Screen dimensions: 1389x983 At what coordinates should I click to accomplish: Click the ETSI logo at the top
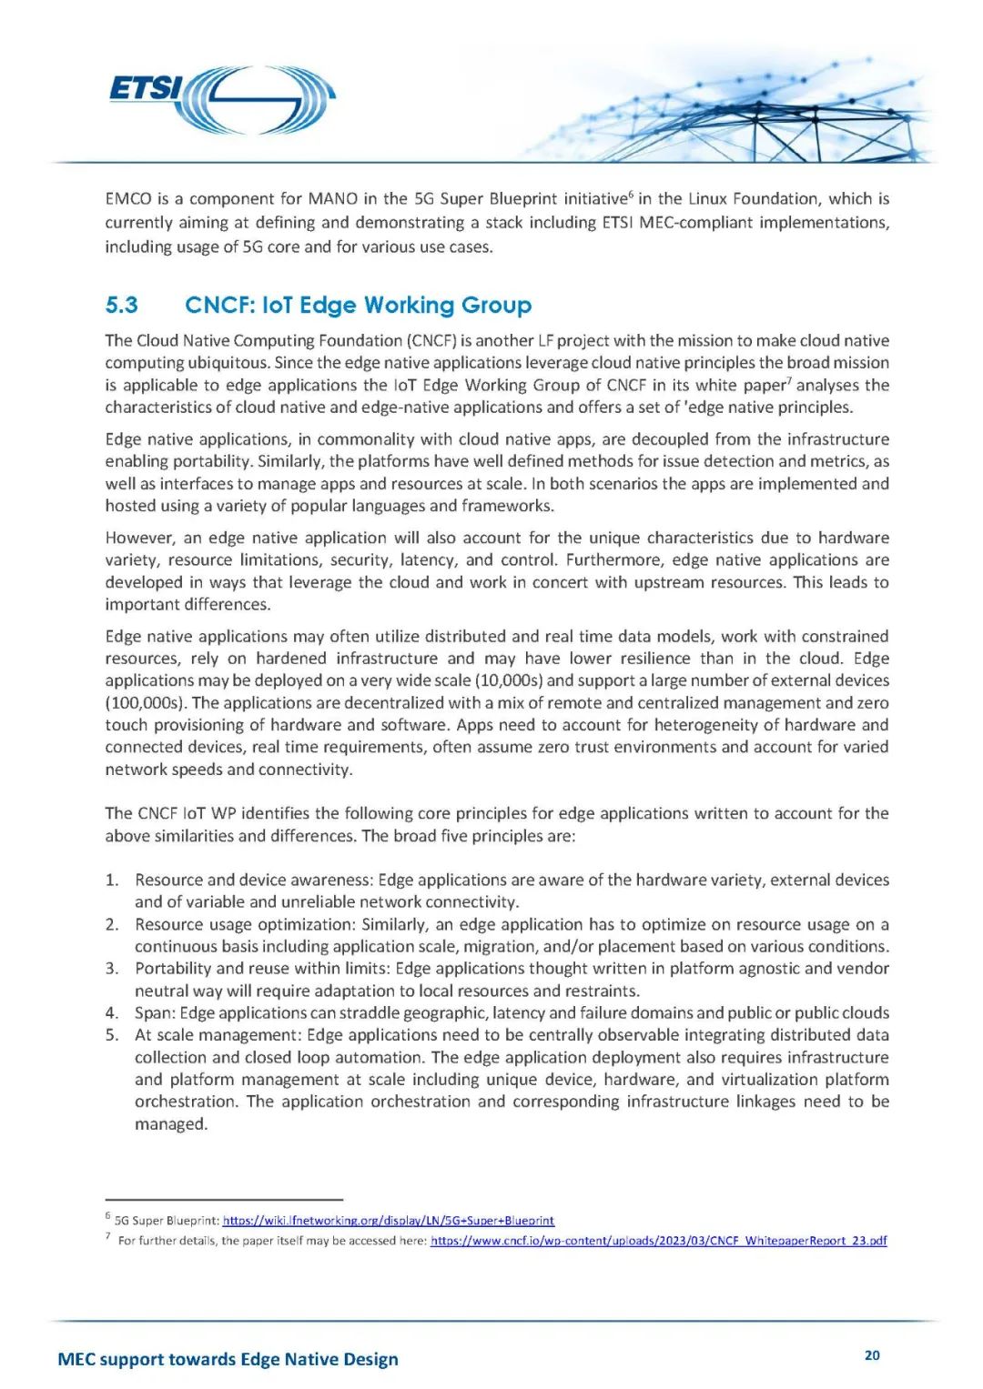point(221,98)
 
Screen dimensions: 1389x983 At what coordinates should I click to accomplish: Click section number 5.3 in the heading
point(122,305)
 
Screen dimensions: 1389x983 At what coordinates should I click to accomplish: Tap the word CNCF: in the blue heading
point(219,305)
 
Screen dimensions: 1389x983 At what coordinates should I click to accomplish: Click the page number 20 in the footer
point(872,1355)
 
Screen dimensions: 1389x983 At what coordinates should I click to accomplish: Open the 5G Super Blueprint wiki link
point(389,1221)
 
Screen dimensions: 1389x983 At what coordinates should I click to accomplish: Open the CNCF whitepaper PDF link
point(658,1241)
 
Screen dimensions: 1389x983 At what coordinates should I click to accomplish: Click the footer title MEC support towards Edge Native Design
point(228,1359)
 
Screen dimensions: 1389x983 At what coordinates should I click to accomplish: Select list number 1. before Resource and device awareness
point(112,880)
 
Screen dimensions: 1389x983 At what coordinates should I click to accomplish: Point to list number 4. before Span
point(112,1012)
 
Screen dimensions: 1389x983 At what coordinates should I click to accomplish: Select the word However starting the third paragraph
point(139,538)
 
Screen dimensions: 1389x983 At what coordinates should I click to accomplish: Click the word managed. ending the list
point(171,1124)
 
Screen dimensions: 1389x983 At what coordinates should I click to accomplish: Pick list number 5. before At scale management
point(112,1035)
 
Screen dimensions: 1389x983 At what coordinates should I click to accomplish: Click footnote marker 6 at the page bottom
point(107,1216)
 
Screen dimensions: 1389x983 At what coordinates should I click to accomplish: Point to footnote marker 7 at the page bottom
point(107,1236)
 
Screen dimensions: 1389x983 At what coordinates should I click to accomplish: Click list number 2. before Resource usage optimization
point(112,924)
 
